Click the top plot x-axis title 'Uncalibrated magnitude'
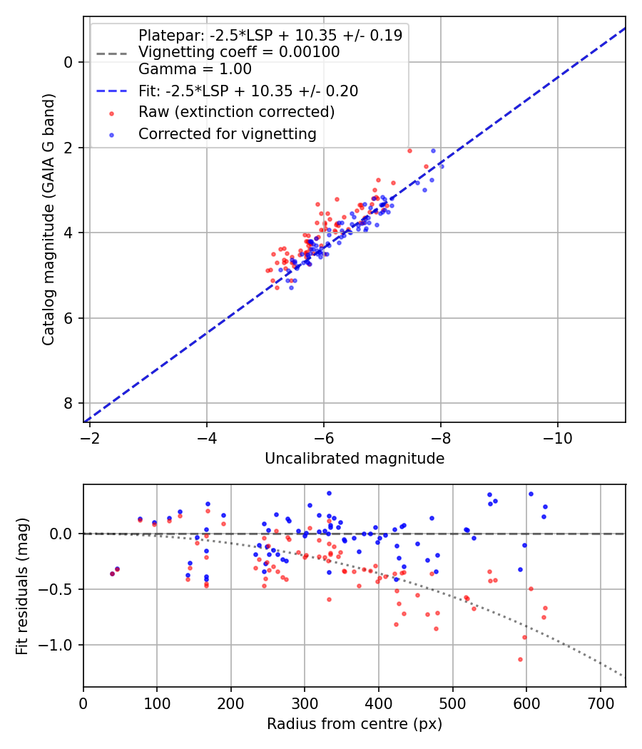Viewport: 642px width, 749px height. [355, 459]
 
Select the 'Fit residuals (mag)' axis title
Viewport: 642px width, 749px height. [22, 585]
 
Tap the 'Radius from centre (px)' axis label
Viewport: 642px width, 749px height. [355, 724]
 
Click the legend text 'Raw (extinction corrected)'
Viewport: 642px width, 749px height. [236, 112]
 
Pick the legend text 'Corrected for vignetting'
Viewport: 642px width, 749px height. [227, 133]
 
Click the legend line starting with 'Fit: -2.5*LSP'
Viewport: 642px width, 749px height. [248, 91]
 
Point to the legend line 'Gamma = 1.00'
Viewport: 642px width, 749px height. [195, 69]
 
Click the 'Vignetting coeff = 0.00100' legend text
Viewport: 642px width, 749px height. [239, 52]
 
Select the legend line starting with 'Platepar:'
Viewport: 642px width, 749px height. [270, 35]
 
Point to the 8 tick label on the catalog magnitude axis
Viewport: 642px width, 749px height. [68, 404]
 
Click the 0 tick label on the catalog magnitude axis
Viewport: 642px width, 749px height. [68, 62]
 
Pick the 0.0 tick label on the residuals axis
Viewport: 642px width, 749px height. [61, 534]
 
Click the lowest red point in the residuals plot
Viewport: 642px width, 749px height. [520, 659]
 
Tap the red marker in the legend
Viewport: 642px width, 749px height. [111, 113]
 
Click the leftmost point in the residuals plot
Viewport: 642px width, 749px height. [112, 574]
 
